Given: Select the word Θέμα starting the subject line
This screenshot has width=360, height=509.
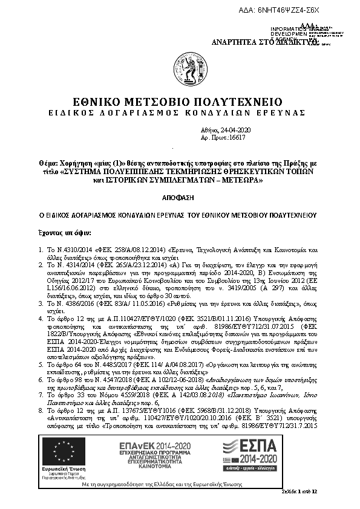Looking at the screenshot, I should pyautogui.click(x=47, y=164).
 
